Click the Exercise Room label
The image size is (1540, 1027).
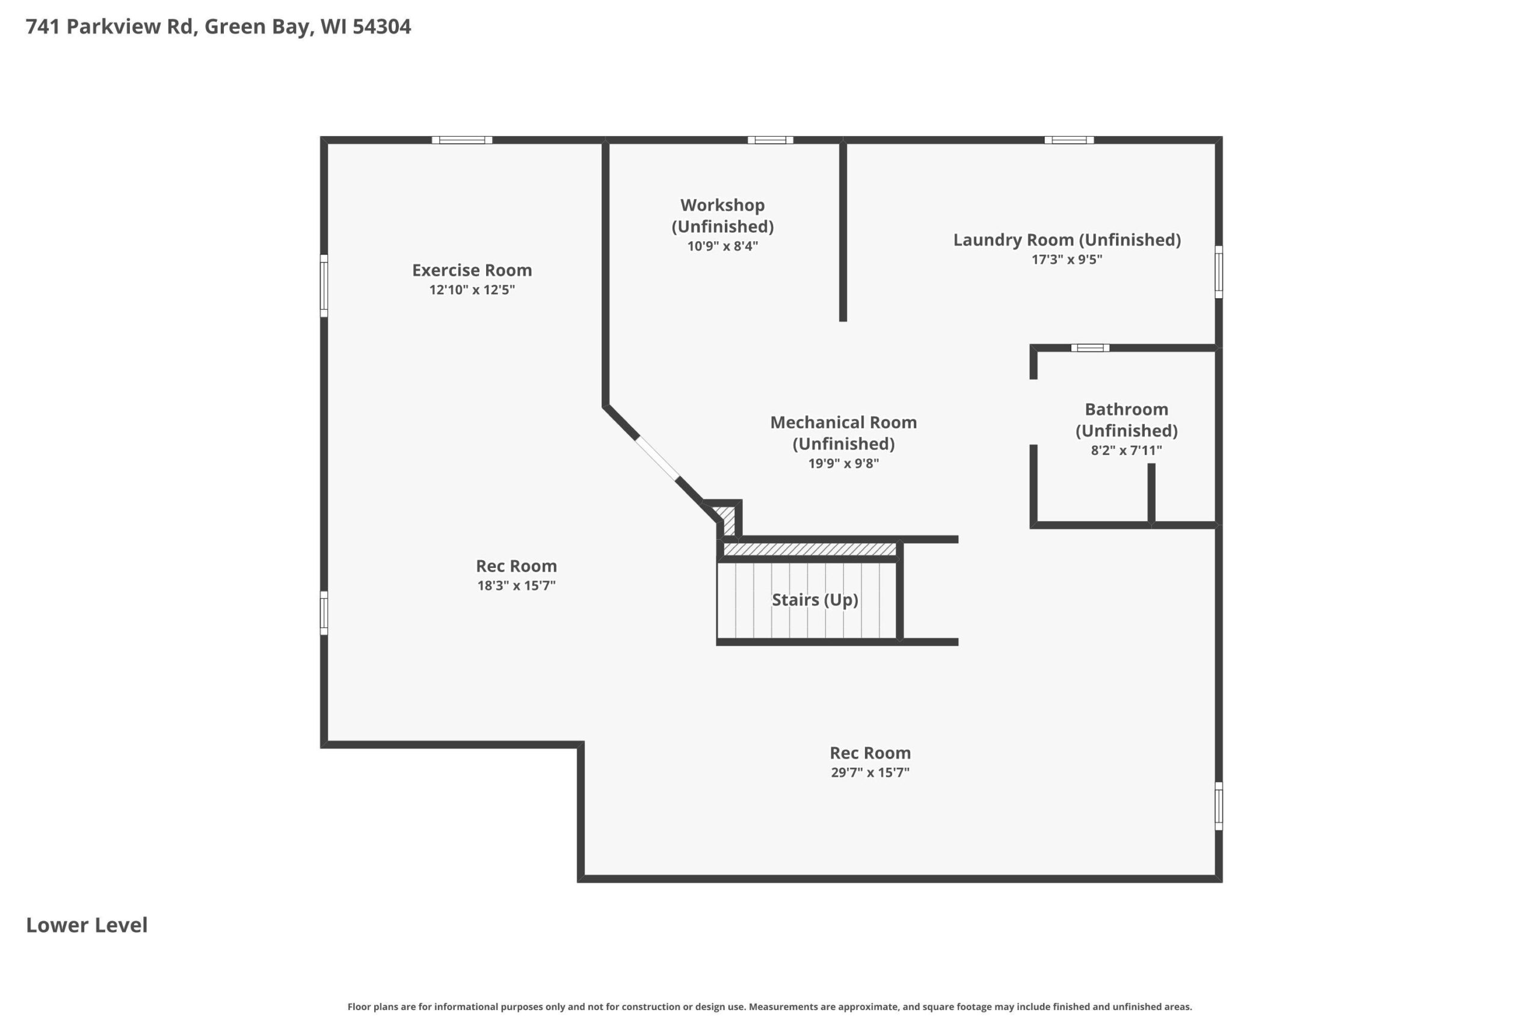pyautogui.click(x=472, y=270)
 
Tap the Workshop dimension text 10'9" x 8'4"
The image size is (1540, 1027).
pyautogui.click(x=722, y=246)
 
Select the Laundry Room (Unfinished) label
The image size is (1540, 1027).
pyautogui.click(x=1067, y=239)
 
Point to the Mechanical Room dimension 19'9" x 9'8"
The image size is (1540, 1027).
pyautogui.click(x=843, y=464)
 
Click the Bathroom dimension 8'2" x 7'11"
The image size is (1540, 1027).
pyautogui.click(x=1126, y=451)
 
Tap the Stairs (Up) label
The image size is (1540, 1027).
pyautogui.click(x=815, y=600)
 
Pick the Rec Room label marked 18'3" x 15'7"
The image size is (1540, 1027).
pyautogui.click(x=516, y=566)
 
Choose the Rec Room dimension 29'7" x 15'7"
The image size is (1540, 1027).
pyautogui.click(x=870, y=773)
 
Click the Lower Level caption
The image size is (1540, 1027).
pyautogui.click(x=87, y=925)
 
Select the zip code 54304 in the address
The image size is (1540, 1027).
pyautogui.click(x=382, y=26)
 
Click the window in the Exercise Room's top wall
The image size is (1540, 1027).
pyautogui.click(x=461, y=140)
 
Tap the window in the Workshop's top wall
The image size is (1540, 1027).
pyautogui.click(x=770, y=140)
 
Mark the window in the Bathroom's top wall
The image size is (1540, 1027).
pyautogui.click(x=1089, y=348)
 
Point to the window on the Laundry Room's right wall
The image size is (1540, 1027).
pyautogui.click(x=1219, y=272)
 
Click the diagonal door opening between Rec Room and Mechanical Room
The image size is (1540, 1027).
pyautogui.click(x=657, y=458)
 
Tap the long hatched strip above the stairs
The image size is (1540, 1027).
pyautogui.click(x=809, y=549)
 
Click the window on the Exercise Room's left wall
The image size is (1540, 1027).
pyautogui.click(x=324, y=286)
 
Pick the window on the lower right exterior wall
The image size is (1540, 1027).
pyautogui.click(x=1219, y=806)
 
